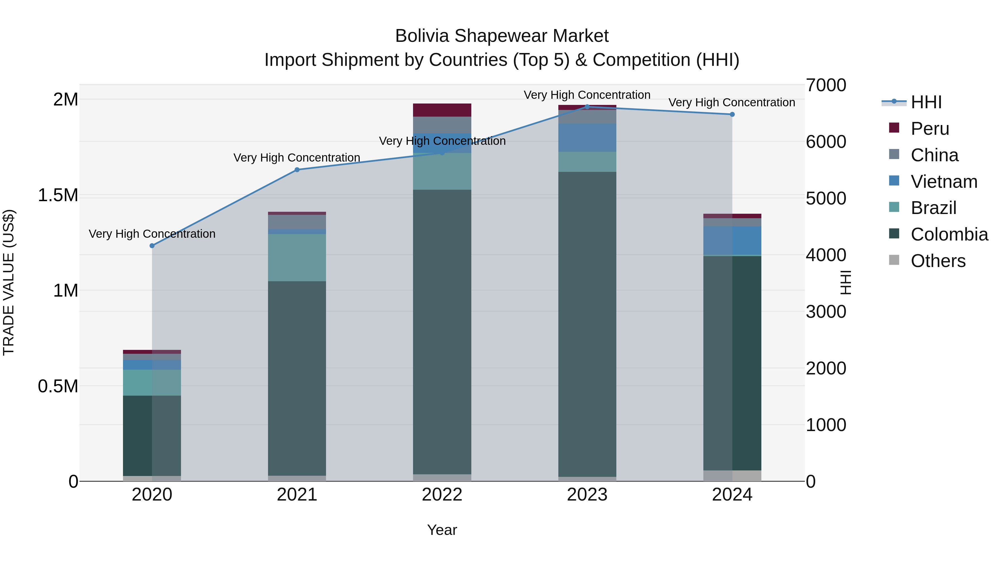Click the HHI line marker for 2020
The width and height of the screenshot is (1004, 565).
(152, 246)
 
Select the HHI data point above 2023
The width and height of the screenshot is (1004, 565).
(587, 107)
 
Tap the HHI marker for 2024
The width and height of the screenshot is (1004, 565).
(732, 114)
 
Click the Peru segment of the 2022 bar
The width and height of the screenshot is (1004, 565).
(442, 110)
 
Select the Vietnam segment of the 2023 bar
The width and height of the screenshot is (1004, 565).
(587, 138)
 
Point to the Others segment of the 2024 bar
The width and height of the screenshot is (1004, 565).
(732, 476)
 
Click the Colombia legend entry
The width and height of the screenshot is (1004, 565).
(949, 234)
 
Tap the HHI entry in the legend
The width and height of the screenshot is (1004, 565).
(926, 102)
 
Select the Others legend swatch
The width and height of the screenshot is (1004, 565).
(894, 260)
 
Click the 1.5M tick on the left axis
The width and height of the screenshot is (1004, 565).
(58, 195)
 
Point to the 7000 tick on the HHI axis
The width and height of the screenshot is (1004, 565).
(826, 85)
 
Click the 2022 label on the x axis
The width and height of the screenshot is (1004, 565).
(442, 494)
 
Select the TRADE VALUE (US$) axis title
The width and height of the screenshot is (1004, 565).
(9, 282)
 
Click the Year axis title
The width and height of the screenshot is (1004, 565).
(442, 530)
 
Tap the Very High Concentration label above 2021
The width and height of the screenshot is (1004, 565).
(297, 158)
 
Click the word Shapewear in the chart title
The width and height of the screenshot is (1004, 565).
(501, 36)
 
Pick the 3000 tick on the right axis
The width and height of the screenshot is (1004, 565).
(826, 312)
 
